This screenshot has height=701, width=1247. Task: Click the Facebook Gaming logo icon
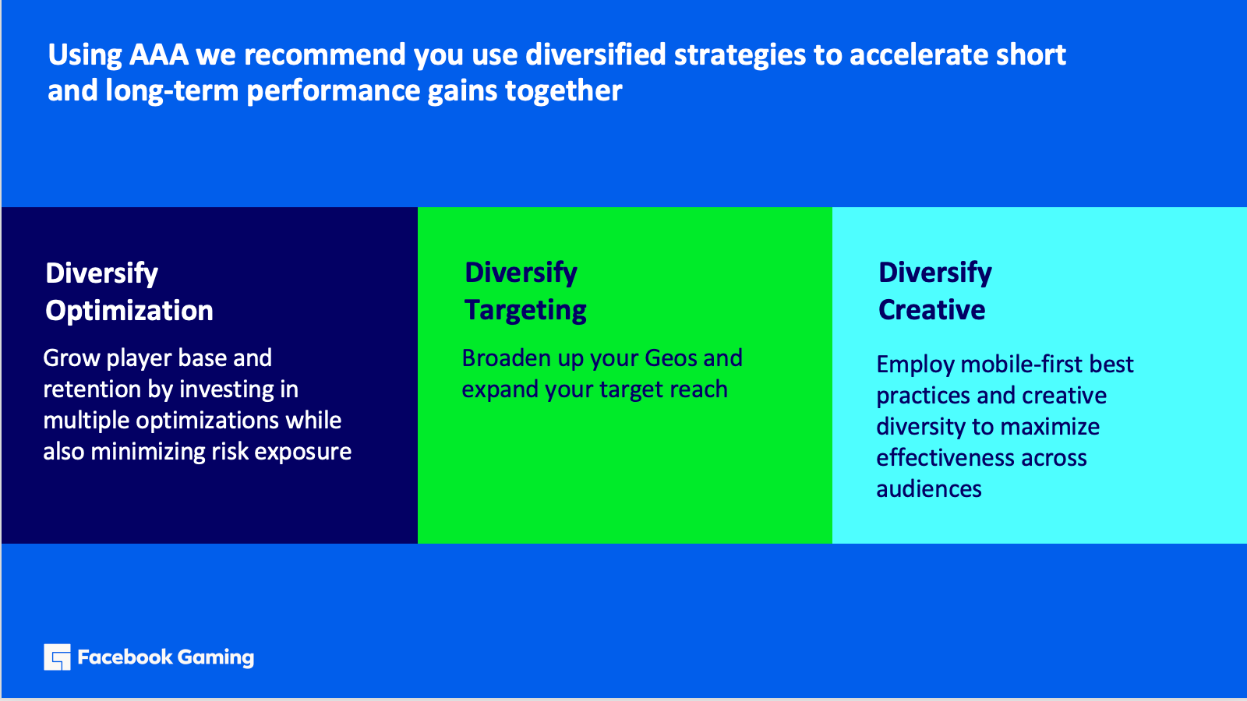58,657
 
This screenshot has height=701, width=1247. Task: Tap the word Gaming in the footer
216,658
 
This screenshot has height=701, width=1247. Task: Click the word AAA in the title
159,55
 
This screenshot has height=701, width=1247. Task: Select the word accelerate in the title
918,55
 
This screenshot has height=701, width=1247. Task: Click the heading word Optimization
129,311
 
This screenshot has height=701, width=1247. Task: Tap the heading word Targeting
525,311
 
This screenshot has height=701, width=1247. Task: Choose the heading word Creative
932,310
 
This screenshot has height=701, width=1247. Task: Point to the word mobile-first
1013,365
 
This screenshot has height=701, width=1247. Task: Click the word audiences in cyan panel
928,489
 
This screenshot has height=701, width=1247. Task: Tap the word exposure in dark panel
303,452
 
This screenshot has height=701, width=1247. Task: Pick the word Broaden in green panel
507,358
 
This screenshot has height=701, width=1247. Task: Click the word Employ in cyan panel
915,365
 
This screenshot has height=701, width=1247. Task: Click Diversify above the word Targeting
521,273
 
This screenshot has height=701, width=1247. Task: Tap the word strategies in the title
740,55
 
